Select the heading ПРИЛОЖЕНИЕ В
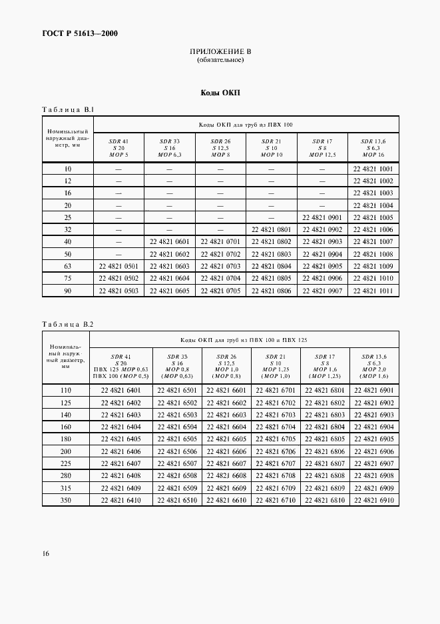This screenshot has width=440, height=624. pyautogui.click(x=220, y=52)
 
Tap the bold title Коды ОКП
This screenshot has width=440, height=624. pyautogui.click(x=220, y=93)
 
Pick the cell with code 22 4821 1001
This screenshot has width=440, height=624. pyautogui.click(x=373, y=169)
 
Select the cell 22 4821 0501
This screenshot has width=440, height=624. pyautogui.click(x=118, y=267)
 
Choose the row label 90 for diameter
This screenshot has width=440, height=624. pyautogui.click(x=67, y=291)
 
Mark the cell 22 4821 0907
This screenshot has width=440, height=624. pyautogui.click(x=322, y=291)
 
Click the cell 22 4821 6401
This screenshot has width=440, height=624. pyautogui.click(x=120, y=390)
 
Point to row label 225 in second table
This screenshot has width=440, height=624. pyautogui.click(x=65, y=463)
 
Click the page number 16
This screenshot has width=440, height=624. pyautogui.click(x=45, y=553)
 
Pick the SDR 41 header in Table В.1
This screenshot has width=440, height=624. pyautogui.click(x=118, y=142)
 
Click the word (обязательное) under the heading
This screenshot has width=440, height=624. pyautogui.click(x=220, y=60)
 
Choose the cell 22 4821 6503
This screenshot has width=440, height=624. pyautogui.click(x=177, y=415)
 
